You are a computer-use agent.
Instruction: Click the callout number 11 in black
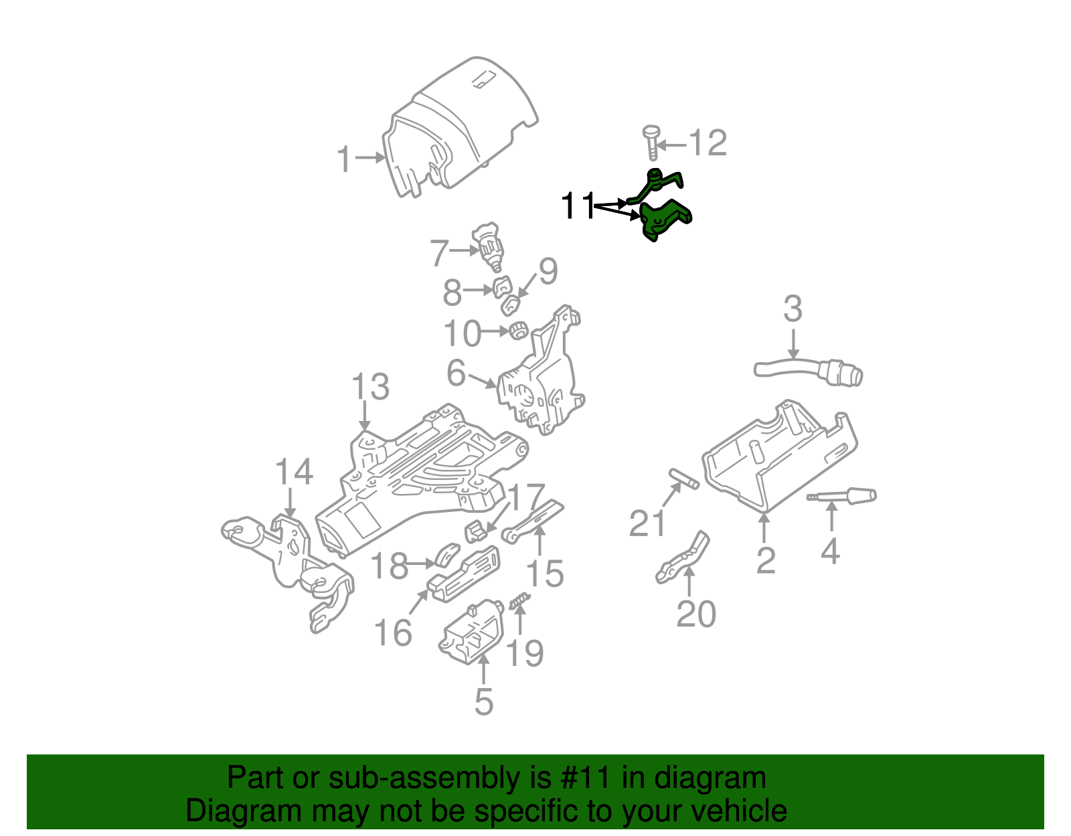578,206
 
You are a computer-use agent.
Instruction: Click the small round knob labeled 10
519,330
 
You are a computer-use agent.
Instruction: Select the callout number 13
370,388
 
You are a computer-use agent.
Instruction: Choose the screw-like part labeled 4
843,497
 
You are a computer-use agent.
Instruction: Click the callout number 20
695,614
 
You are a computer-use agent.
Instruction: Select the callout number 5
483,701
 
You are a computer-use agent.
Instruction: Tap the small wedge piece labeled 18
447,554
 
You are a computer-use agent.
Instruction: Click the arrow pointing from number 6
482,382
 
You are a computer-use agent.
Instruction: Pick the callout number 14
294,472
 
